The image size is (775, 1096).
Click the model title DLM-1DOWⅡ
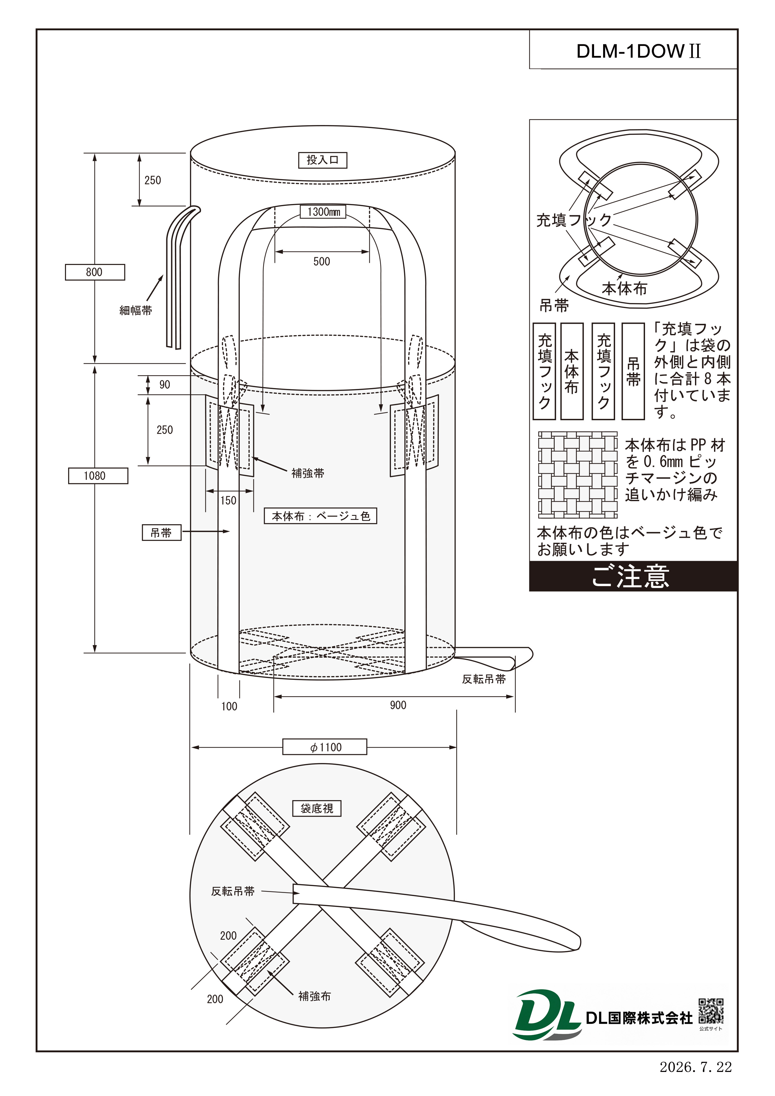coord(638,51)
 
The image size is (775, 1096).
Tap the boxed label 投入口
coord(323,160)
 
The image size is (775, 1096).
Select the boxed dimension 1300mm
coord(323,212)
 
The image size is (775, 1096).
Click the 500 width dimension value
coord(322,262)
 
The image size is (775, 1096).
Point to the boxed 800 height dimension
coord(95,272)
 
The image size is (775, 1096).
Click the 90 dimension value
coord(165,385)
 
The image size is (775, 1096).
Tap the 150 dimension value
coord(228,501)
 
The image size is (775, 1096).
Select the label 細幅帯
coord(136,310)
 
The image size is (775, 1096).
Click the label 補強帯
coord(308,473)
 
